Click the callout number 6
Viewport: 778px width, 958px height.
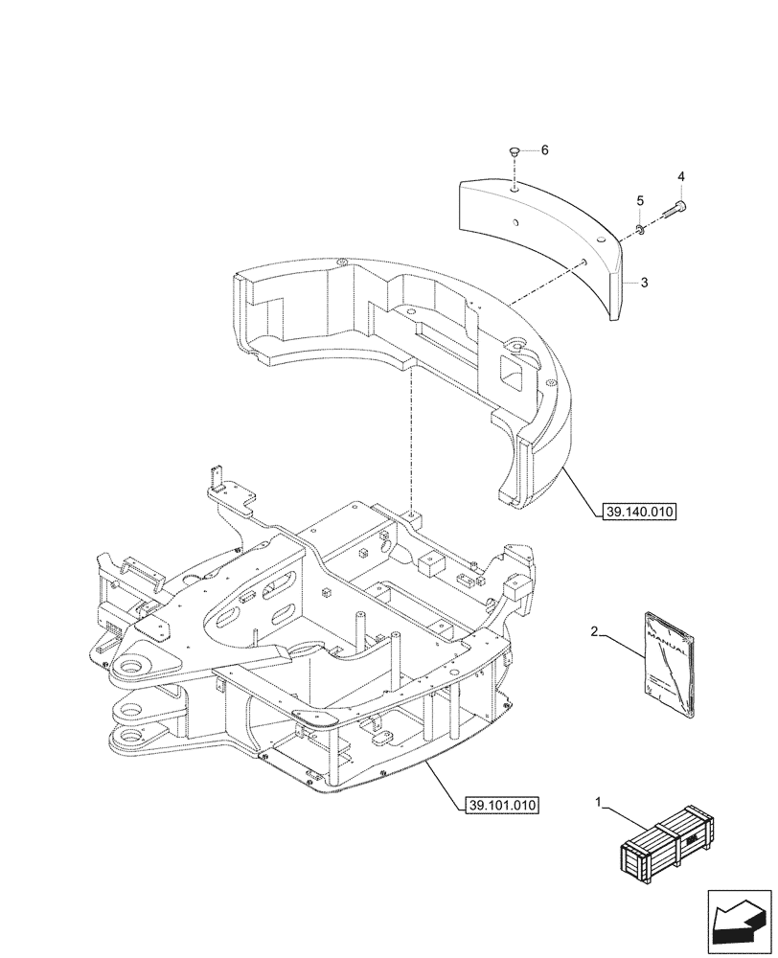[x=544, y=150]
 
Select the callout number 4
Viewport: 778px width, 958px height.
[x=681, y=177]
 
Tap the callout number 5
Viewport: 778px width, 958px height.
[x=639, y=201]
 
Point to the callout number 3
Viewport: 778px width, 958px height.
[x=645, y=283]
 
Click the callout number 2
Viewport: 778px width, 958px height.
[x=595, y=632]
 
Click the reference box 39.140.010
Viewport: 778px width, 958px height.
[x=640, y=513]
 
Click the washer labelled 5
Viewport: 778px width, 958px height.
[x=641, y=228]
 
